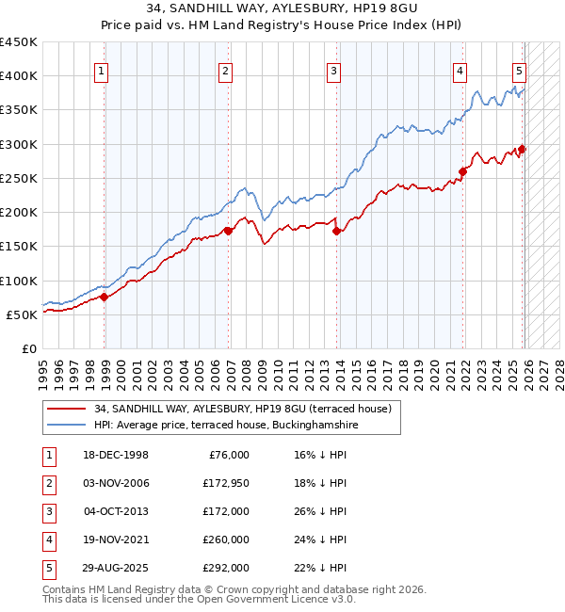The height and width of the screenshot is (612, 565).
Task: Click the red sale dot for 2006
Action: pos(228,230)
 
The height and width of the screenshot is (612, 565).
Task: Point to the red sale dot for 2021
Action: pos(463,171)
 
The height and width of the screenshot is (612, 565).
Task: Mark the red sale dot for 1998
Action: pos(104,297)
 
